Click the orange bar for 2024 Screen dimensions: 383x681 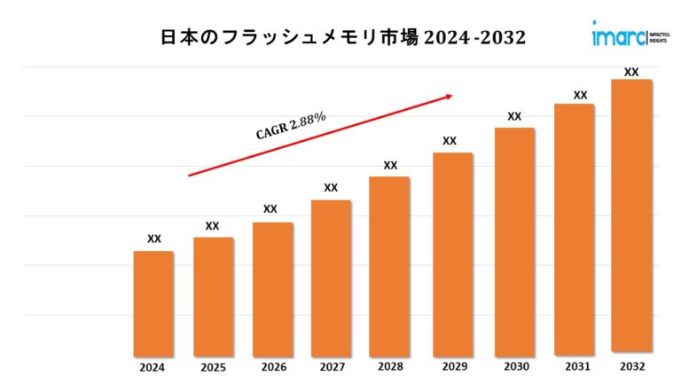(153, 302)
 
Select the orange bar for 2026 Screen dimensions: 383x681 (272, 288)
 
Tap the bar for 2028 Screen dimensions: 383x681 (389, 265)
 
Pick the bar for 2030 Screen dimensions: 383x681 (514, 240)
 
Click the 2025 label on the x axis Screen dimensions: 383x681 (213, 367)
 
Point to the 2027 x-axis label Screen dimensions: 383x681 (331, 367)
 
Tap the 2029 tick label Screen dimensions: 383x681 (450, 367)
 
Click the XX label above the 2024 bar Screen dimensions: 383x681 (153, 238)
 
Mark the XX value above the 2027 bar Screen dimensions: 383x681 (331, 187)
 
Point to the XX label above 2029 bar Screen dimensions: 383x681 (450, 140)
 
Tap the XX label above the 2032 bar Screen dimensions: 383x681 (631, 72)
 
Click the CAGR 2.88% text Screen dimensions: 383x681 (291, 126)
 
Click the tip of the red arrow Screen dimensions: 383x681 (453, 94)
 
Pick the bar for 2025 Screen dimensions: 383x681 (213, 296)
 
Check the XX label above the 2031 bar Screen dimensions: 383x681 (580, 95)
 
